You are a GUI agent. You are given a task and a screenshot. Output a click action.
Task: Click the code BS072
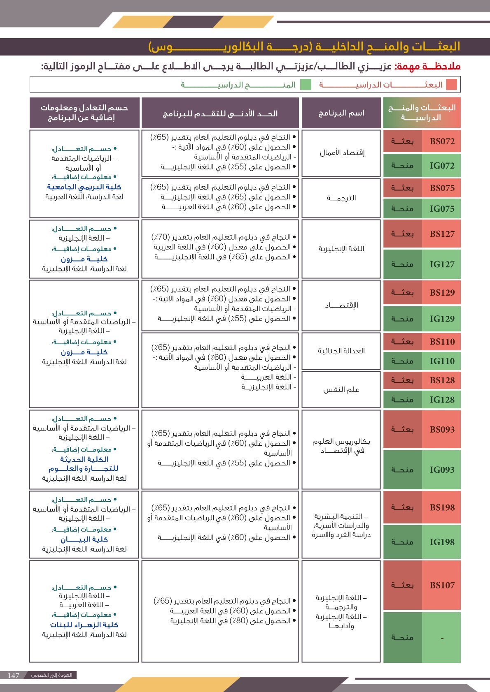[x=442, y=141]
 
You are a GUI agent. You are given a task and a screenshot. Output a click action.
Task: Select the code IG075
[x=442, y=209]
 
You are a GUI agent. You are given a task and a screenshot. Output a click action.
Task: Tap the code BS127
[x=442, y=234]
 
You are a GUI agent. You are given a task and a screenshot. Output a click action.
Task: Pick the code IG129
[x=442, y=319]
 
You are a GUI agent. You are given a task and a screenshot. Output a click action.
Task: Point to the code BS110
[x=442, y=342]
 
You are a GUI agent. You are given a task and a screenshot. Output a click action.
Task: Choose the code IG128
[x=442, y=400]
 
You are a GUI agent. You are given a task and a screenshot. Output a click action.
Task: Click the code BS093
[x=442, y=430]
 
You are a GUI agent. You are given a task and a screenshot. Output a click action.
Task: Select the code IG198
[x=442, y=542]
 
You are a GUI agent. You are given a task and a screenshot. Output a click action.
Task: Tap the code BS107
[x=442, y=585]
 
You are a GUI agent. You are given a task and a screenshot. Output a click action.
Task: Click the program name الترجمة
[x=341, y=198]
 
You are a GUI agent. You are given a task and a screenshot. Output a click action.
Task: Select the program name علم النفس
[x=341, y=389]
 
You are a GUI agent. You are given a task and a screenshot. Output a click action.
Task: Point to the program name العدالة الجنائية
[x=341, y=351]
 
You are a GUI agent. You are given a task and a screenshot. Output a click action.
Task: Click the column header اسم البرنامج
[x=341, y=113]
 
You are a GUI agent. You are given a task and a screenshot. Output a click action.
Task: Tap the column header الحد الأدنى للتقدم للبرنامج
[x=220, y=113]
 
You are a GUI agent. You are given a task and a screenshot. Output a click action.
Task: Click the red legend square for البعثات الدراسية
[x=452, y=85]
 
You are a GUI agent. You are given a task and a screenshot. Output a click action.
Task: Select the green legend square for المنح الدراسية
[x=306, y=85]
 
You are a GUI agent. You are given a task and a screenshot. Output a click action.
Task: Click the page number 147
[x=14, y=676]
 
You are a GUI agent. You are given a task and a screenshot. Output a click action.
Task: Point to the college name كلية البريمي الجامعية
[x=84, y=187]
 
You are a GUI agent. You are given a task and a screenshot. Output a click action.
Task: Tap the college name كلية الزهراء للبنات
[x=84, y=625]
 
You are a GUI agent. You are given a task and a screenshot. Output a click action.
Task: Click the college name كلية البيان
[x=84, y=539]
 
